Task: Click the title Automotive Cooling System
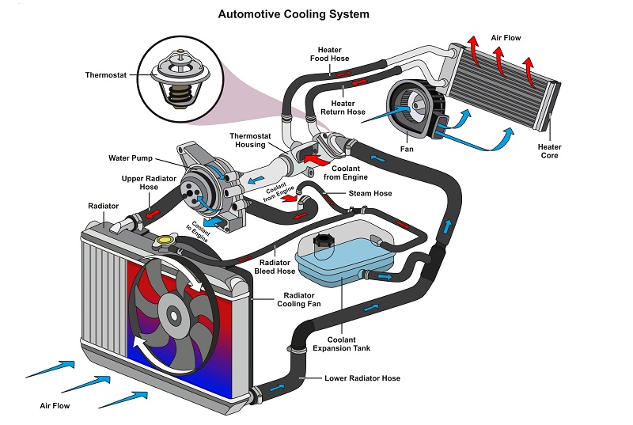[x=294, y=14]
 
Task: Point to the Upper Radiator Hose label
[x=142, y=184]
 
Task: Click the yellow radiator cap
[x=166, y=238]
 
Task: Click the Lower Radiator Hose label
[x=362, y=378]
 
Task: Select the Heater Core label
[x=549, y=151]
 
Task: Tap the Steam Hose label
[x=369, y=193]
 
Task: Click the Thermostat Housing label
[x=252, y=140]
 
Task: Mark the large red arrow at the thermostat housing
[x=312, y=160]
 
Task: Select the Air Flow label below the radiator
[x=55, y=405]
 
